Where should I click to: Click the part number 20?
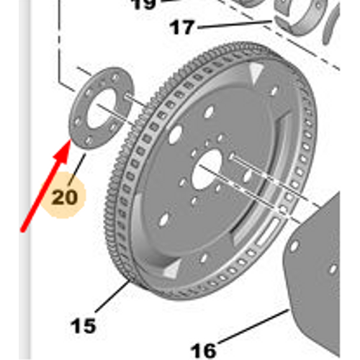(63, 196)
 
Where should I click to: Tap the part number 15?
(84, 325)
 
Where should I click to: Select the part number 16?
(204, 351)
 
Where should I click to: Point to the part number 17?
(182, 28)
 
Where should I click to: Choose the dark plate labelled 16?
(317, 281)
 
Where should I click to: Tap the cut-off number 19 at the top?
(143, 4)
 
